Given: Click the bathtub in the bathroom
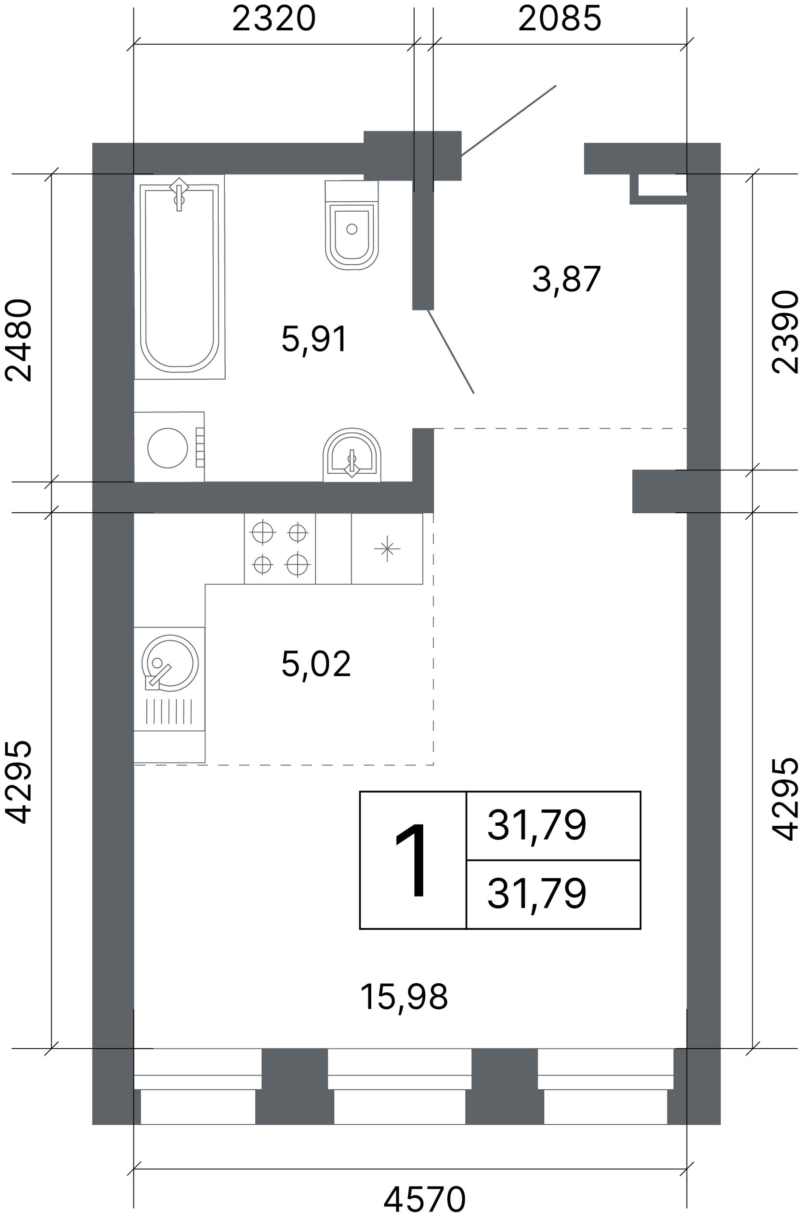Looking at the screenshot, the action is point(180,277).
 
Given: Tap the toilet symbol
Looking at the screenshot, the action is point(352,224).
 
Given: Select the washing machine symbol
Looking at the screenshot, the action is point(169,447).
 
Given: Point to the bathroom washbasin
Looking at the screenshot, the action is point(352,455).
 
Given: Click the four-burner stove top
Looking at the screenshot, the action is point(280,548).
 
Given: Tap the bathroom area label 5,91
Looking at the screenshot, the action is point(315,339).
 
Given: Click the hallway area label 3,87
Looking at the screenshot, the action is point(566,280).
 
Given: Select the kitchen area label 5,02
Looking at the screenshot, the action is point(316,664).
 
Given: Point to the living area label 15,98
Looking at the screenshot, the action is point(404,997).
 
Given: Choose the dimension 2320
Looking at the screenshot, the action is point(274,19).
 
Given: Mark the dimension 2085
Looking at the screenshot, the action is point(560,19).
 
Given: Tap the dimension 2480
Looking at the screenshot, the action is point(19,340).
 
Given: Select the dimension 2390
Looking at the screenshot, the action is point(784,331).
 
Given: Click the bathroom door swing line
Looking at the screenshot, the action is point(450,351).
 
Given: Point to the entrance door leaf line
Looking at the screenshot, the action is point(509,120).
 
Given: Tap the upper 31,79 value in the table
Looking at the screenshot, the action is point(536,825).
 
